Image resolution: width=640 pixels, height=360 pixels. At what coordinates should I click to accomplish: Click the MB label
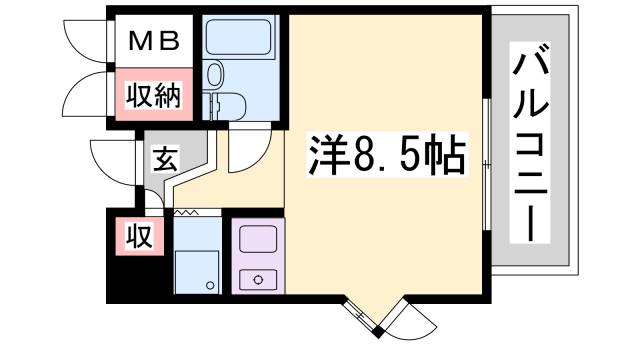(x=153, y=41)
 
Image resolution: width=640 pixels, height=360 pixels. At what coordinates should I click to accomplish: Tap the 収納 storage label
(x=152, y=97)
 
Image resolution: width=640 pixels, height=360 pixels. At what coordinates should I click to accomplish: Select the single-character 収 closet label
(x=138, y=237)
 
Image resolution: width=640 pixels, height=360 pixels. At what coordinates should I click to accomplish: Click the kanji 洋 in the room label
(x=324, y=157)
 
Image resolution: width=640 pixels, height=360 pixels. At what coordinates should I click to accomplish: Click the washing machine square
(x=197, y=270)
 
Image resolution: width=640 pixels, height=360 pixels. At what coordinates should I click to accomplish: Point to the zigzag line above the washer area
(x=191, y=213)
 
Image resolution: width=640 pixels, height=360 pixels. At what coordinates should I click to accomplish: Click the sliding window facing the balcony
(x=484, y=165)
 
